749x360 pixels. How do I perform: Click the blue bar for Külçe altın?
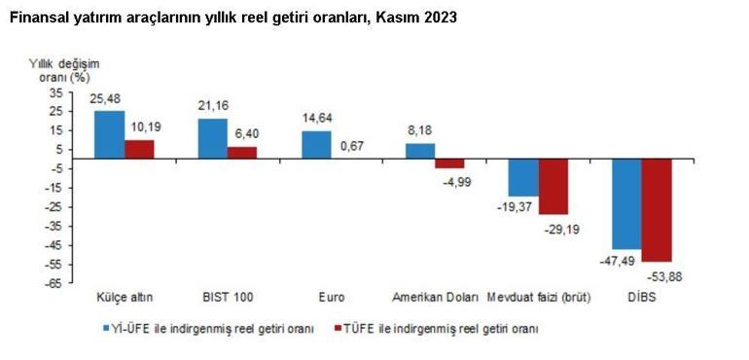click(x=109, y=134)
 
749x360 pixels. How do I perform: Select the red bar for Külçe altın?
click(x=139, y=149)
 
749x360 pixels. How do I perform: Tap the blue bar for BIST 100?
click(x=213, y=138)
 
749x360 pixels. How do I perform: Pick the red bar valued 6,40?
click(x=243, y=153)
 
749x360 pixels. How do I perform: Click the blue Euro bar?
click(x=316, y=144)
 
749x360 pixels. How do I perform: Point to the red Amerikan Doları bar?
click(x=449, y=163)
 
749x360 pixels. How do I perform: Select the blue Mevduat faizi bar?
click(x=523, y=177)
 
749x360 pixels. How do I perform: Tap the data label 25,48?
click(x=106, y=99)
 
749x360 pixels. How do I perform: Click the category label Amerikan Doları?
click(x=435, y=297)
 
